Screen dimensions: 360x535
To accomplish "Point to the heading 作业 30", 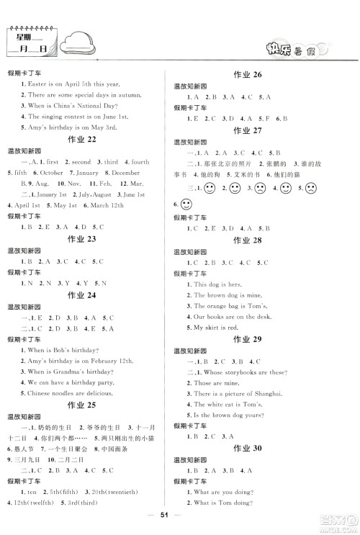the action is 248,447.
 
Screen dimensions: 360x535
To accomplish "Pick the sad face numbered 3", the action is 258,189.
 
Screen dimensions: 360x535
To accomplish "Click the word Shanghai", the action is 266,394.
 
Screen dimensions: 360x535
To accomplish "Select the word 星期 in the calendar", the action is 25,35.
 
